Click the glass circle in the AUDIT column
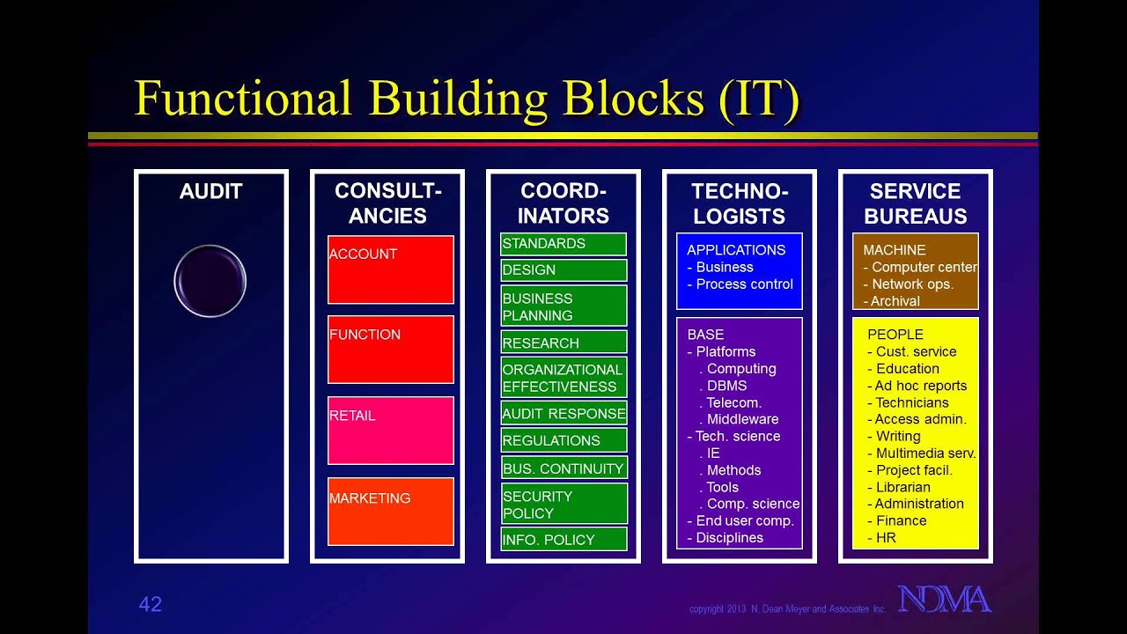(210, 281)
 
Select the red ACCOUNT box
(391, 269)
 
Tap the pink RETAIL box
(391, 431)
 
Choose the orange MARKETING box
(391, 512)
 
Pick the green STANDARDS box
(563, 244)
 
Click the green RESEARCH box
(563, 343)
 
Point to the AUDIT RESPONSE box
(563, 413)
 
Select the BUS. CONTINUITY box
(563, 468)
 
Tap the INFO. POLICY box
(563, 539)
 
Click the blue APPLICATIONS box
(740, 270)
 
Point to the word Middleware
(742, 419)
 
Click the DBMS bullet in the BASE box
(726, 386)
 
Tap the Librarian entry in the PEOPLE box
(902, 487)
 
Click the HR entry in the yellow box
(886, 537)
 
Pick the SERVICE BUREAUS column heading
(916, 203)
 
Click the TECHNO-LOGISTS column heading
(740, 203)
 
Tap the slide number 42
(151, 604)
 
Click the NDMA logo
(945, 600)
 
